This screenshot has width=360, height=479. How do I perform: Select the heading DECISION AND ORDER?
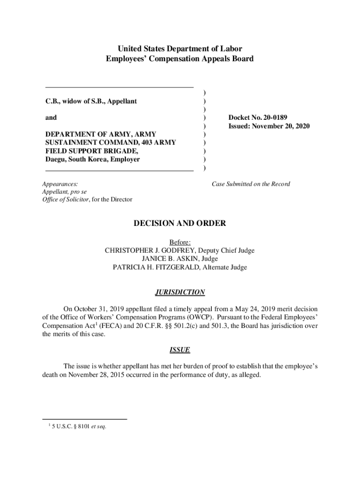pyautogui.click(x=180, y=224)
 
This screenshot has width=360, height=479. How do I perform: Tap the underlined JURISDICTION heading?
pyautogui.click(x=180, y=292)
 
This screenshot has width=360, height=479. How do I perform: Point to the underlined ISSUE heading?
pyautogui.click(x=180, y=350)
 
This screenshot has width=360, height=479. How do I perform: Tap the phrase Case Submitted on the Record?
pyautogui.click(x=251, y=184)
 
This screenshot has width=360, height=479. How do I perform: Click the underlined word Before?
pyautogui.click(x=180, y=242)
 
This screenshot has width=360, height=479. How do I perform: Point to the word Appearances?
pyautogui.click(x=60, y=184)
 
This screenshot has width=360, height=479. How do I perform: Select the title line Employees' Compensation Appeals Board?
pyautogui.click(x=180, y=59)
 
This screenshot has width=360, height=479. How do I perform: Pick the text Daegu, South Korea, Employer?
pyautogui.click(x=92, y=160)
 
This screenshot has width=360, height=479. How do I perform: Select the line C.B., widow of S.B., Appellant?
pyautogui.click(x=91, y=101)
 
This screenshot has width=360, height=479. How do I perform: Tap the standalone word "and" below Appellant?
pyautogui.click(x=51, y=118)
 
